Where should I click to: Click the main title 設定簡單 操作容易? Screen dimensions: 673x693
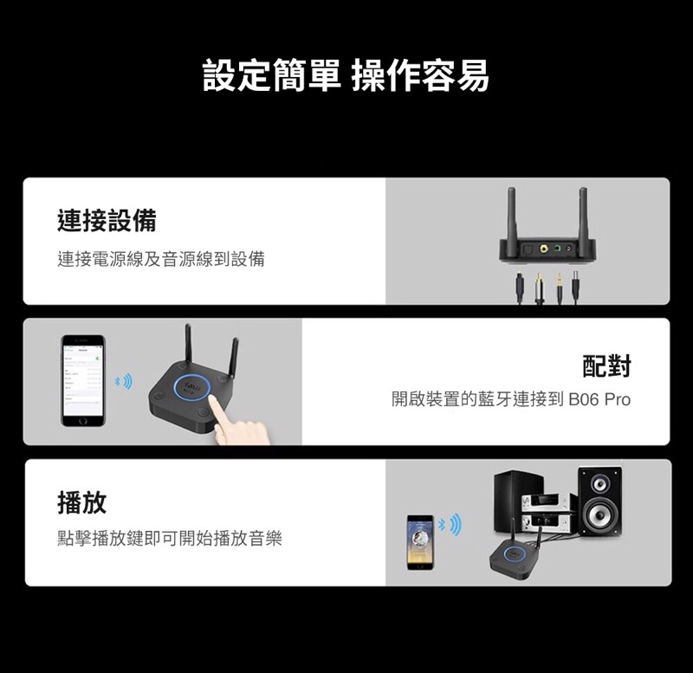click(x=346, y=75)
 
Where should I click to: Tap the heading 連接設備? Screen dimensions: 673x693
click(x=107, y=221)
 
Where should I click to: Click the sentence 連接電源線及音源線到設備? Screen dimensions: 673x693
click(x=161, y=258)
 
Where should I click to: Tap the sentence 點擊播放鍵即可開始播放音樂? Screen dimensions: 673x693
click(x=170, y=539)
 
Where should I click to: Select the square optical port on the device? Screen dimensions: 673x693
click(x=528, y=250)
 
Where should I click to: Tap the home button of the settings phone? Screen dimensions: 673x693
click(x=82, y=420)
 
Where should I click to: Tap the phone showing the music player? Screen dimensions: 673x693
click(x=421, y=541)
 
